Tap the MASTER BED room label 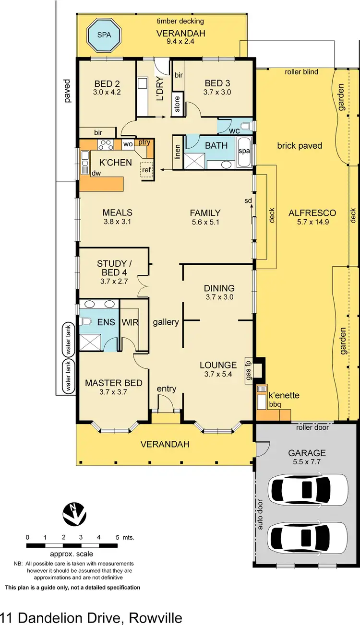coord(114,383)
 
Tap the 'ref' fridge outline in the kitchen coord(146,170)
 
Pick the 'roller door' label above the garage coord(312,427)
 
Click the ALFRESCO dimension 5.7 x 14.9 coord(312,222)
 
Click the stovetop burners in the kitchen coord(106,143)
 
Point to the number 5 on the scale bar coord(117,537)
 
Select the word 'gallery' coord(166,322)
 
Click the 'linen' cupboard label coord(177,157)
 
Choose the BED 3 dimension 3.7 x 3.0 coord(217,92)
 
